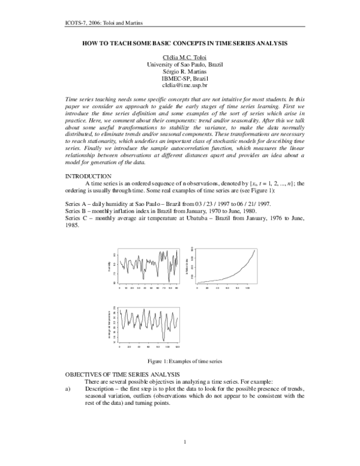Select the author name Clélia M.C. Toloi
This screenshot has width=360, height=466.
[x=180, y=58]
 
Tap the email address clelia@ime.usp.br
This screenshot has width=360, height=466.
[x=180, y=85]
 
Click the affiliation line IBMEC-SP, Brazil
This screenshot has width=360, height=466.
[x=180, y=79]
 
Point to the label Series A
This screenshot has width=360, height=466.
[x=77, y=204]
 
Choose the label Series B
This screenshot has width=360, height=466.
[x=77, y=211]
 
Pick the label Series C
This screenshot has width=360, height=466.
[x=77, y=218]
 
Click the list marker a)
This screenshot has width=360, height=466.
[x=68, y=389]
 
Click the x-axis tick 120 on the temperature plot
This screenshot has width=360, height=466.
[x=178, y=347]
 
